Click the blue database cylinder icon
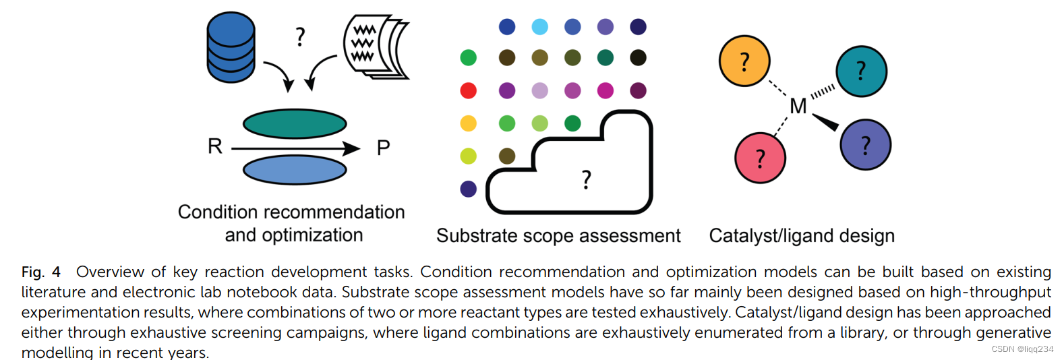(231, 47)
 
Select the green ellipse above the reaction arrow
(295, 124)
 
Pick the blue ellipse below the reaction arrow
(295, 170)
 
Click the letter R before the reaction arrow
(215, 146)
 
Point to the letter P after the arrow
(383, 148)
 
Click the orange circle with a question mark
(744, 61)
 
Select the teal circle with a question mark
(861, 71)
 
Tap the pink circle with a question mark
(760, 158)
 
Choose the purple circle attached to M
(865, 145)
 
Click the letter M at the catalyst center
(798, 107)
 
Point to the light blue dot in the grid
(540, 27)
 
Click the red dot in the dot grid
(469, 90)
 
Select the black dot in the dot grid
(638, 58)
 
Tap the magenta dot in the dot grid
(605, 90)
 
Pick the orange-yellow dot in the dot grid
(469, 123)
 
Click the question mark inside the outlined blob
(587, 179)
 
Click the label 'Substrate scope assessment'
(558, 235)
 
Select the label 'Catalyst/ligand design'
(802, 235)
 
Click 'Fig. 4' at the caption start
(41, 272)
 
